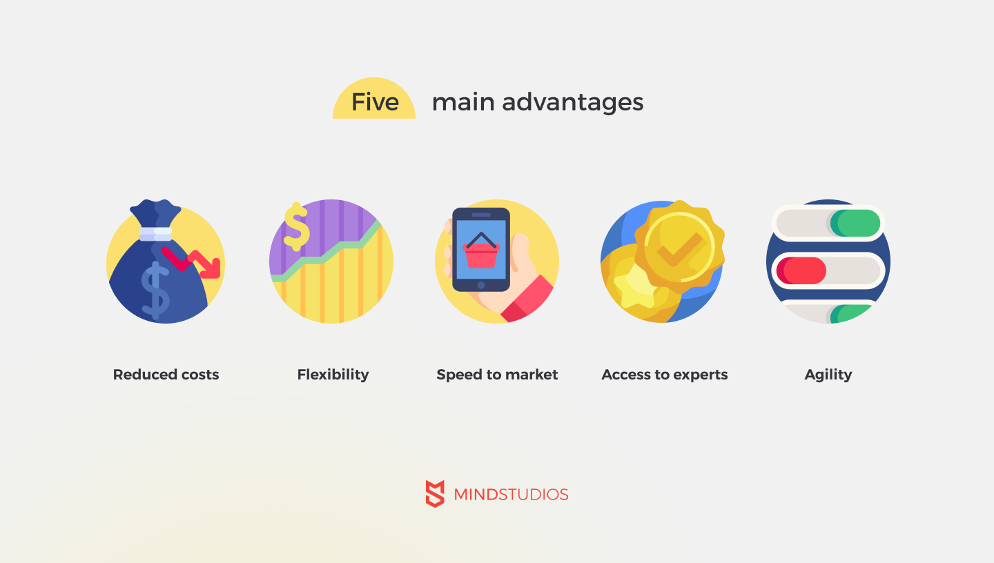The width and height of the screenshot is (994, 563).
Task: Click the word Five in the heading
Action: pos(375,102)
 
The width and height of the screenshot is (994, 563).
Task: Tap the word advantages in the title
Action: pos(572,103)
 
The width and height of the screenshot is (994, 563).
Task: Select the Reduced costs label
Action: pos(166,375)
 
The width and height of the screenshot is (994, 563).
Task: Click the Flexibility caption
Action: pos(333,375)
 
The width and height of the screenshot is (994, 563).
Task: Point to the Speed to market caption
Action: pos(497,375)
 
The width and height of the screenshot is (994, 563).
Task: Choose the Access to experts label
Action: pos(664,375)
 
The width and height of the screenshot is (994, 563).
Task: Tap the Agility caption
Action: pos(828,375)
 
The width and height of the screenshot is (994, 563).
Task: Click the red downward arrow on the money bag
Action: pos(191,263)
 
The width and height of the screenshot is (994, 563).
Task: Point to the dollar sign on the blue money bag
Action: pos(155,290)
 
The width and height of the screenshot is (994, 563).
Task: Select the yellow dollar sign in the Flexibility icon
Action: pos(296,227)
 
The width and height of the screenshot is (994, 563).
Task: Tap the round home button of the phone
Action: pos(481,285)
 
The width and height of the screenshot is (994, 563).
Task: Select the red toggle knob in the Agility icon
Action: pos(801,270)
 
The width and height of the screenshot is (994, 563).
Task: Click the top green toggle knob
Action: pos(855,223)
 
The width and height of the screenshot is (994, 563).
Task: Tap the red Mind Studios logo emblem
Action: pos(435,494)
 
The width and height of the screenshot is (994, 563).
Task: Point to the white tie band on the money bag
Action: pos(155,234)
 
